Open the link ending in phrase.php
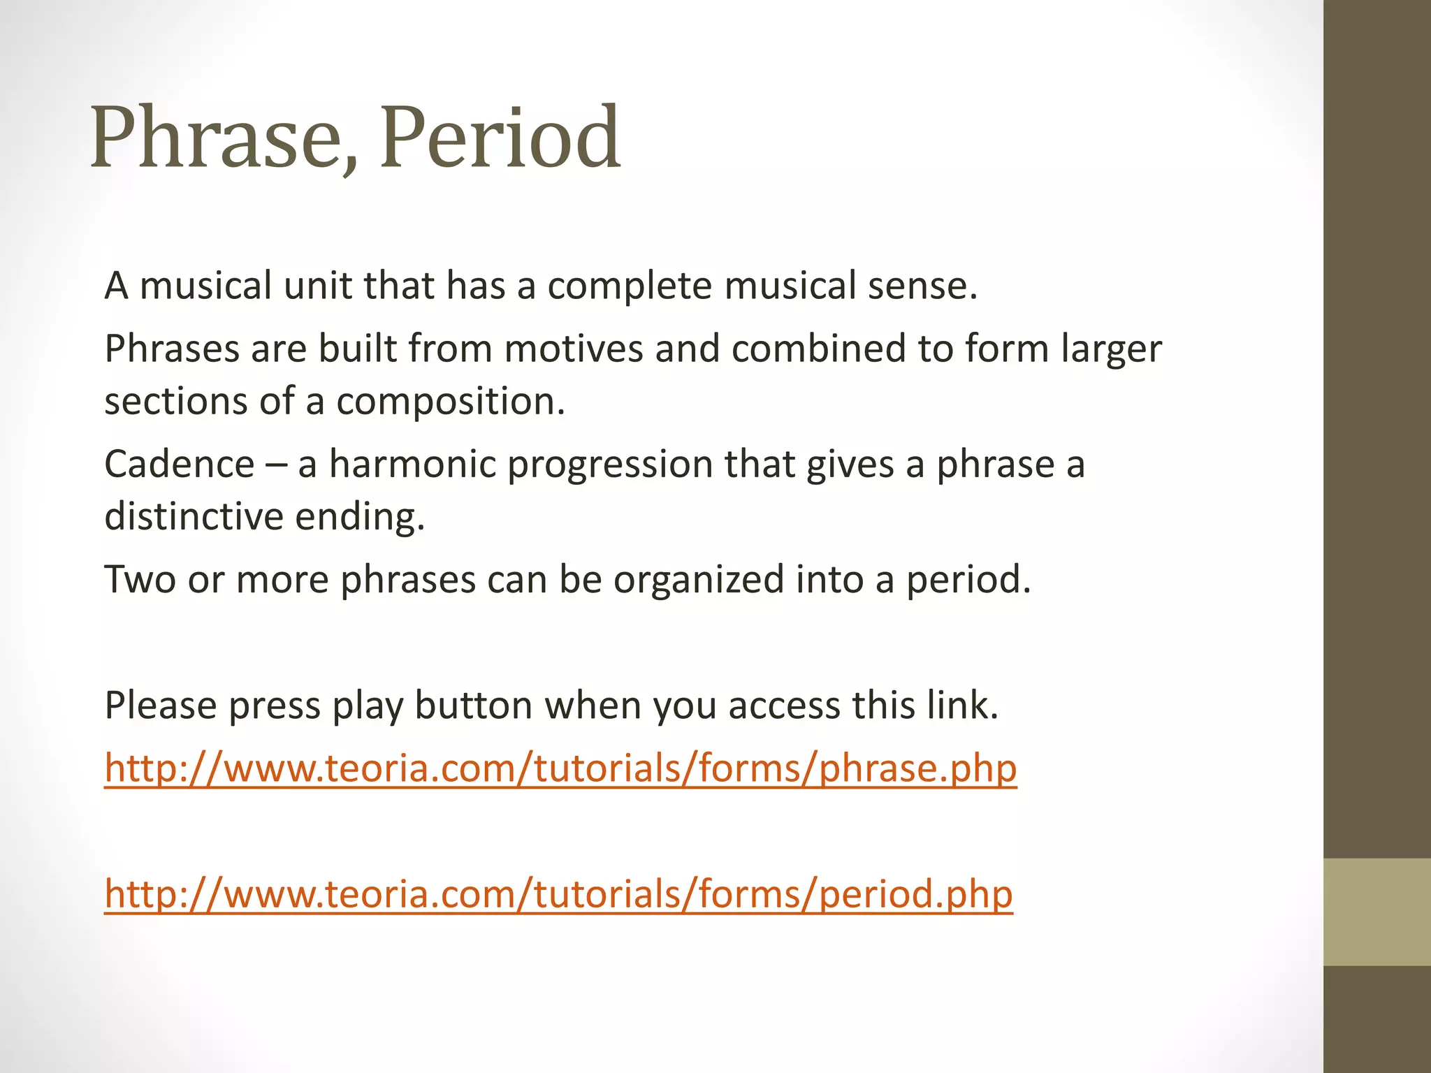[x=560, y=768]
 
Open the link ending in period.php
[x=558, y=894]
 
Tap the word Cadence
[x=180, y=465]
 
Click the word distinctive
[x=194, y=517]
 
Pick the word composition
[x=451, y=402]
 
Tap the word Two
[x=140, y=580]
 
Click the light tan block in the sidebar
[x=1377, y=912]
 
